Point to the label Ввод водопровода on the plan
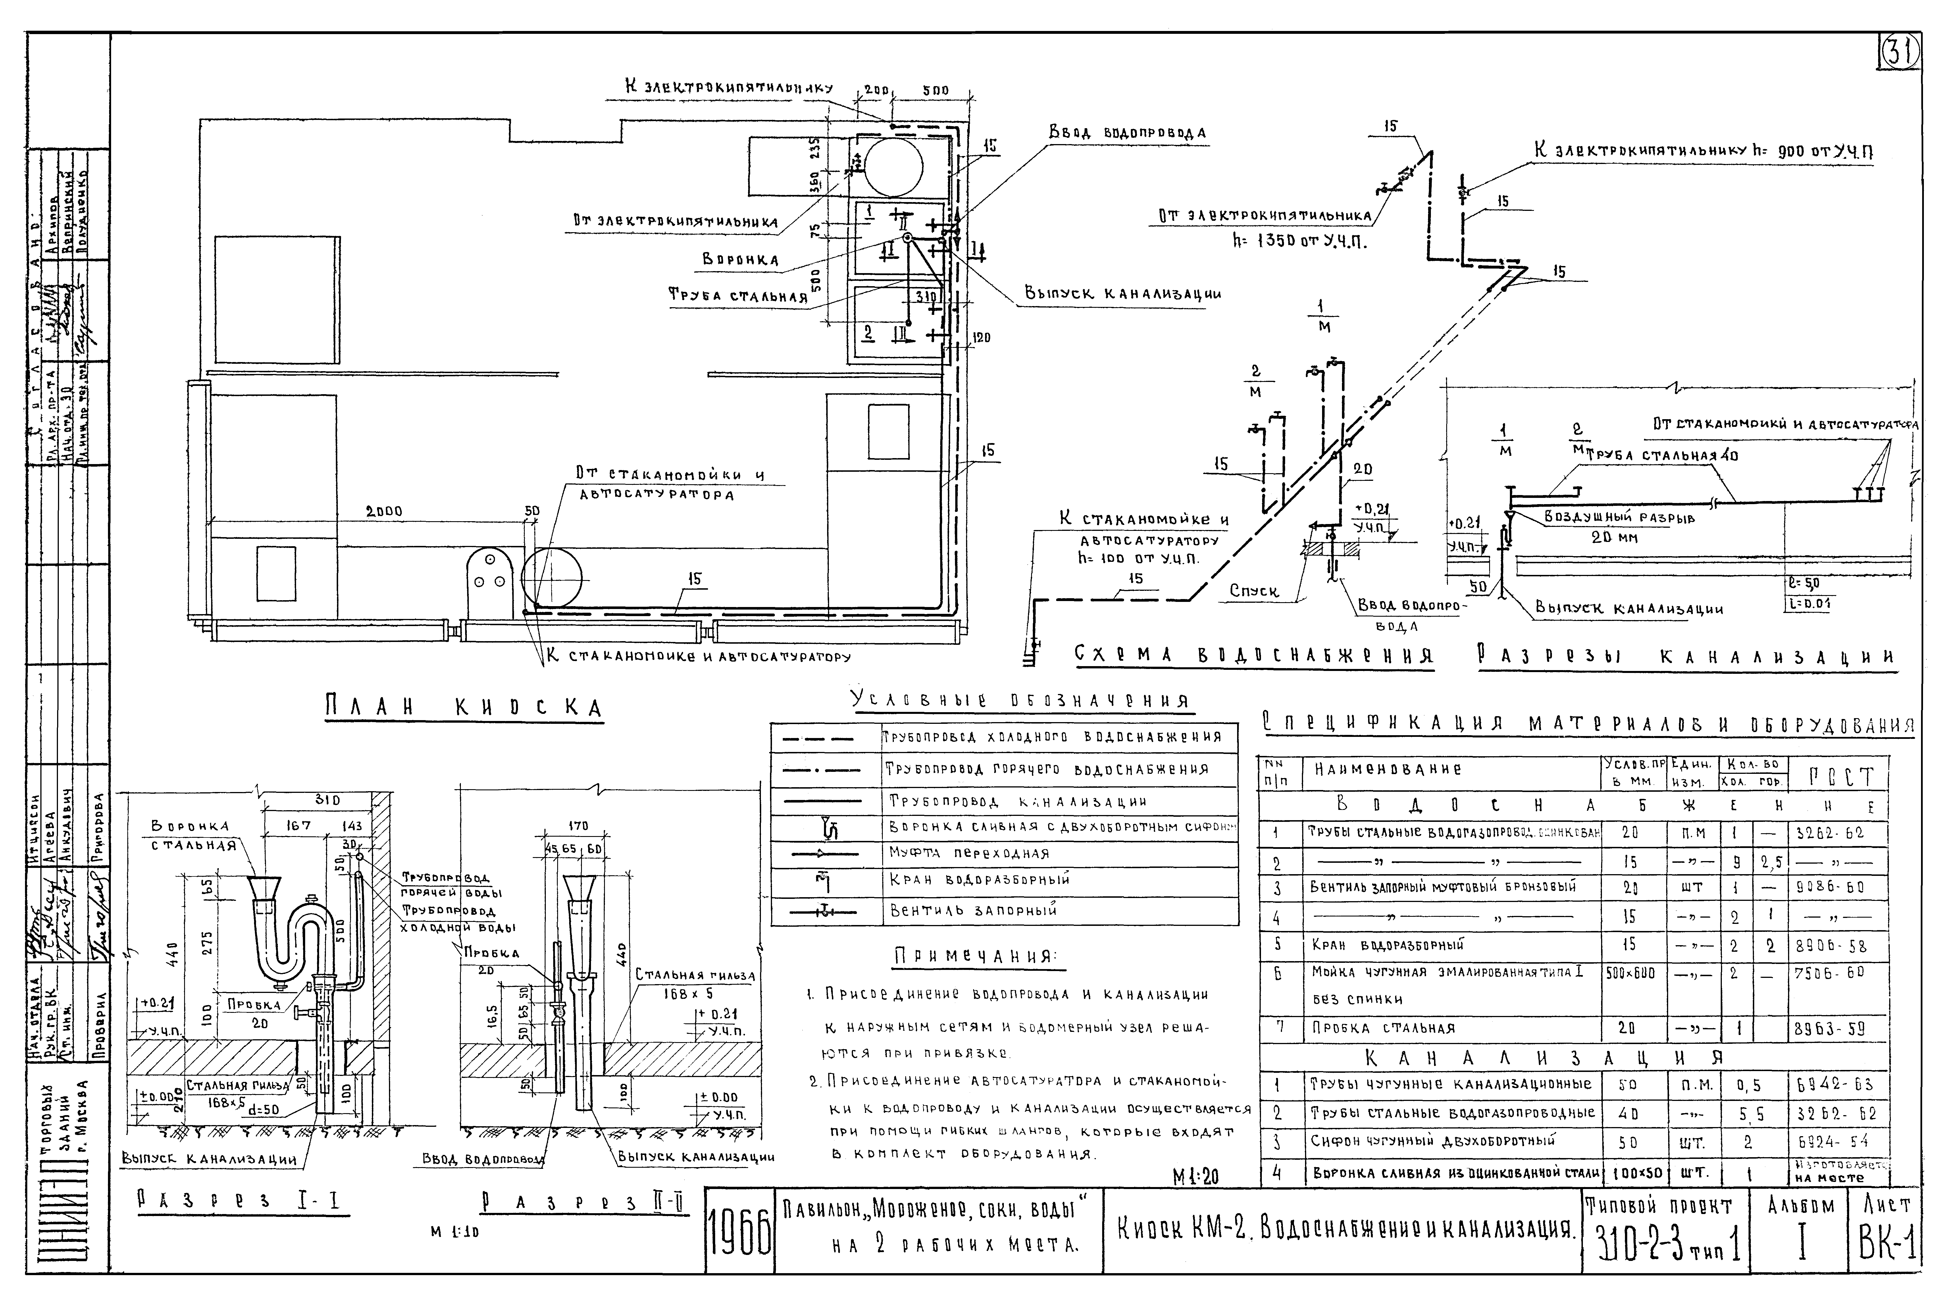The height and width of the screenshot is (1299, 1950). point(1127,132)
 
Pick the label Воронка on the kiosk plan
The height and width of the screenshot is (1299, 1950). point(740,259)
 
